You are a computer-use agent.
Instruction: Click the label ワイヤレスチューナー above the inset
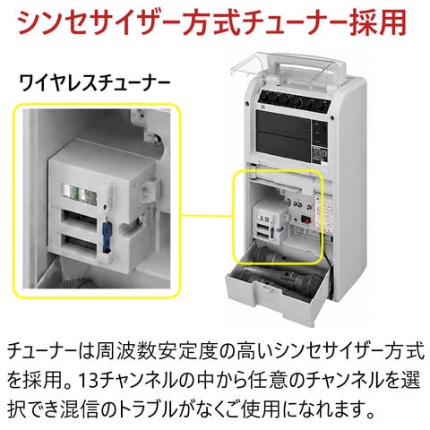95,82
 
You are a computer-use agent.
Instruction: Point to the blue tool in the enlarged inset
107,236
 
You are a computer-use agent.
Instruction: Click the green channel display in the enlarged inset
80,193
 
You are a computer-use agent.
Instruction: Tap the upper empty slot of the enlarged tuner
79,219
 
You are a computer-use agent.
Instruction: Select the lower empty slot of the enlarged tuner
79,244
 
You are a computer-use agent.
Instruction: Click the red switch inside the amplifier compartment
305,219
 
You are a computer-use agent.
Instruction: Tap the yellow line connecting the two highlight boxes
207,215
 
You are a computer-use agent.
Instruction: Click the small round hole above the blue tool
105,206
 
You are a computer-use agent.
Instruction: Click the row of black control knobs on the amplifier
295,100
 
